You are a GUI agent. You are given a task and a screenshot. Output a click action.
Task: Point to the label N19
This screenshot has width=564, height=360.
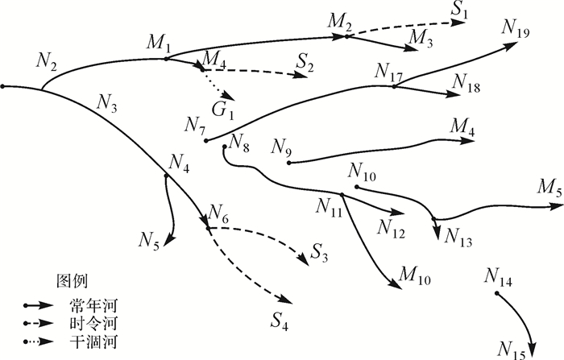pyautogui.click(x=515, y=28)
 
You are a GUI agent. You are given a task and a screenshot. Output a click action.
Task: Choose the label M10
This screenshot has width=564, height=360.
pyautogui.click(x=415, y=279)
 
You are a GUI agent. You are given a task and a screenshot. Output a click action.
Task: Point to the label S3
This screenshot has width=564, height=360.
pyautogui.click(x=318, y=257)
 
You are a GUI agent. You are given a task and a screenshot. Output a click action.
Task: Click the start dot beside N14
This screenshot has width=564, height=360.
pyautogui.click(x=497, y=294)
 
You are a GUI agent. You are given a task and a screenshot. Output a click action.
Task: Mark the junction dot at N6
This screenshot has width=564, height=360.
pyautogui.click(x=208, y=228)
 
